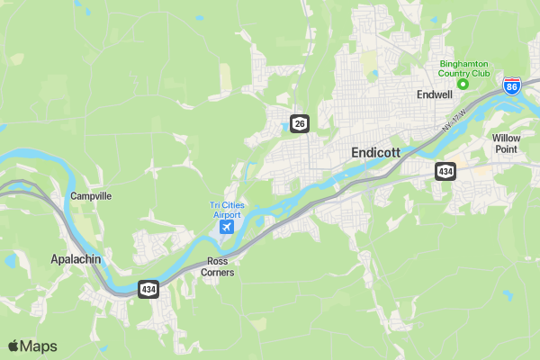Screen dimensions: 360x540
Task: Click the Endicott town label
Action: click(x=374, y=153)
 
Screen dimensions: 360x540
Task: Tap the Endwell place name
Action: click(x=434, y=94)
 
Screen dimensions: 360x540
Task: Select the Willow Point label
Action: click(x=506, y=143)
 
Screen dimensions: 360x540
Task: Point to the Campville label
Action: click(x=90, y=195)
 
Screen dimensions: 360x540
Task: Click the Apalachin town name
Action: click(x=75, y=259)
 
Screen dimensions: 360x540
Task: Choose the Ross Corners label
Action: click(x=218, y=266)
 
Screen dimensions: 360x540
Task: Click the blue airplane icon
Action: click(x=226, y=227)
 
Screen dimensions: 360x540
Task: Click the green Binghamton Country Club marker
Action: click(x=463, y=85)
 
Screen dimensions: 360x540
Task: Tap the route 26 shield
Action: click(x=300, y=122)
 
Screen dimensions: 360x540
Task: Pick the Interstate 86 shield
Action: click(x=512, y=87)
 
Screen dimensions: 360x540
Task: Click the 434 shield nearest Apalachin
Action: click(x=148, y=289)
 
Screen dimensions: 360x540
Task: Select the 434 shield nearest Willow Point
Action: click(x=445, y=170)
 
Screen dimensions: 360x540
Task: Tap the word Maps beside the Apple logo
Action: click(x=39, y=346)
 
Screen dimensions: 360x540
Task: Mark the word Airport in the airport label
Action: click(x=227, y=215)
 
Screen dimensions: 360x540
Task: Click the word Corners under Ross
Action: click(x=218, y=272)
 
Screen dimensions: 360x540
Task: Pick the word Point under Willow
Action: click(x=506, y=148)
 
